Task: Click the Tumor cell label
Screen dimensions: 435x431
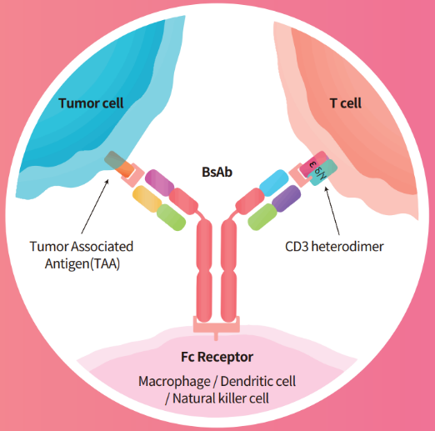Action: [91, 103]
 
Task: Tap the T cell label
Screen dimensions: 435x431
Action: [346, 103]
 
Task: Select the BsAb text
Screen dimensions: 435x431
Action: [217, 172]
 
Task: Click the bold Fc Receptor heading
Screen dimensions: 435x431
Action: [217, 357]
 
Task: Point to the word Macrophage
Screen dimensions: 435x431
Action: [174, 381]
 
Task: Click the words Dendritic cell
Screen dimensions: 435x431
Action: [258, 381]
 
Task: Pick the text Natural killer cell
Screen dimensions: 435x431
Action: [221, 398]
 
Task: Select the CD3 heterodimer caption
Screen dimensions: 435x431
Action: [334, 247]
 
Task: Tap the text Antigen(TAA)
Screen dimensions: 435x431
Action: [82, 263]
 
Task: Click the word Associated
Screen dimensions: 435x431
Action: [102, 247]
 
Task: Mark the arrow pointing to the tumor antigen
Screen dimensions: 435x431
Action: [95, 207]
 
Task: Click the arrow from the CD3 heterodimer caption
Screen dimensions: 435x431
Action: [332, 211]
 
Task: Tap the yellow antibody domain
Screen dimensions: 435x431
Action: [147, 199]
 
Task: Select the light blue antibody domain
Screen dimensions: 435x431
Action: [273, 183]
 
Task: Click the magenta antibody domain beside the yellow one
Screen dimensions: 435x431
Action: [160, 183]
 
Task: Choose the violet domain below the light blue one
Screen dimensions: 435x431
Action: [286, 198]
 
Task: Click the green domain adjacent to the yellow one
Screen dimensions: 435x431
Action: [171, 218]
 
